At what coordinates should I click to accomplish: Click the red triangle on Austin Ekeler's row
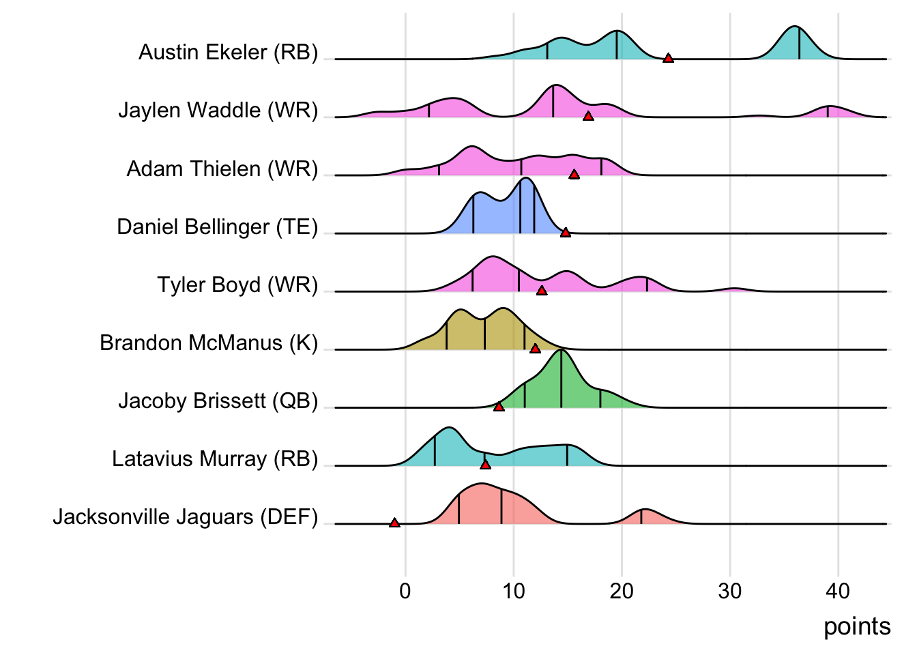[668, 58]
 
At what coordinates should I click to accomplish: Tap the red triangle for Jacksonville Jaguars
[394, 523]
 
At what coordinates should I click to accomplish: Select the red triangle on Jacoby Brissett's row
[499, 407]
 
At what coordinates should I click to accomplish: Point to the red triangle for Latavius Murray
[485, 465]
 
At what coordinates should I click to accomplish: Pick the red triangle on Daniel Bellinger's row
[565, 233]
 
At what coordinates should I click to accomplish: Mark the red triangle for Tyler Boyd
[542, 291]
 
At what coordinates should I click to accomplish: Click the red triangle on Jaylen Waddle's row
[588, 116]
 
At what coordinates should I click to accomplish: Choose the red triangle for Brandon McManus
[535, 349]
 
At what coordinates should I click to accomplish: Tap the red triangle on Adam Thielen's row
[574, 175]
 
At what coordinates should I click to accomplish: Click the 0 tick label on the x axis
[405, 591]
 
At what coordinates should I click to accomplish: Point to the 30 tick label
[730, 591]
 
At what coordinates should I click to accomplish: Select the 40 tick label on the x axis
[838, 591]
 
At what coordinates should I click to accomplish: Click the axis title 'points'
[857, 626]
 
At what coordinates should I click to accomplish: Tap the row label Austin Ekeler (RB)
[228, 52]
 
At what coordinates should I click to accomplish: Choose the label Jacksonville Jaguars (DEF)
[186, 516]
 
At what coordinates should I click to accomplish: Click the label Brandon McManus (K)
[209, 343]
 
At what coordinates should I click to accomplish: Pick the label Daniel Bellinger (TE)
[217, 227]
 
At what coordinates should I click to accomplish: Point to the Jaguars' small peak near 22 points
[643, 517]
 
